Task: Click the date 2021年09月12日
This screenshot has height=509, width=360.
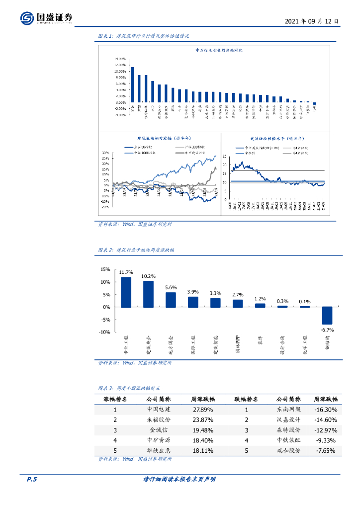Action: (312, 22)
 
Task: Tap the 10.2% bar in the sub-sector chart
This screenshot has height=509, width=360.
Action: (148, 294)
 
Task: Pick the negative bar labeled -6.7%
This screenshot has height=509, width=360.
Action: (327, 316)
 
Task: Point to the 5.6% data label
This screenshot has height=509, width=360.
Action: (171, 287)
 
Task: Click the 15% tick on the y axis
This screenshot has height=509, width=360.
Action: (105, 269)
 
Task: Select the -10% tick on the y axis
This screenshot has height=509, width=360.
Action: (104, 332)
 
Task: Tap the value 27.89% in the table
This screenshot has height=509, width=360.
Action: (203, 410)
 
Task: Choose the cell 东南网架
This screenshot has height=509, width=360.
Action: (288, 410)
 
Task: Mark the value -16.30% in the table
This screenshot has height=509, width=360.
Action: (326, 410)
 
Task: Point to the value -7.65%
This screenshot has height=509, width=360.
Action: (326, 451)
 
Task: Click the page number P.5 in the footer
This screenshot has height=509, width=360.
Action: (32, 479)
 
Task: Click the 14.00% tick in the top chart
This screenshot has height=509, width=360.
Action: (119, 59)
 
